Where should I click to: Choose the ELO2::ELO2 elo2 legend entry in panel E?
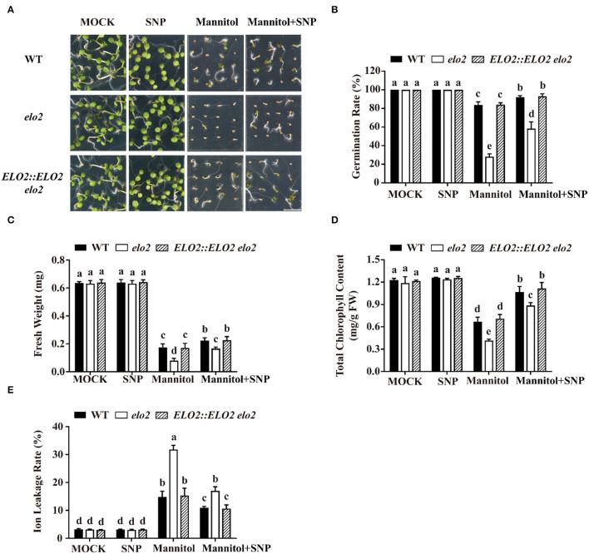click(x=214, y=414)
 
